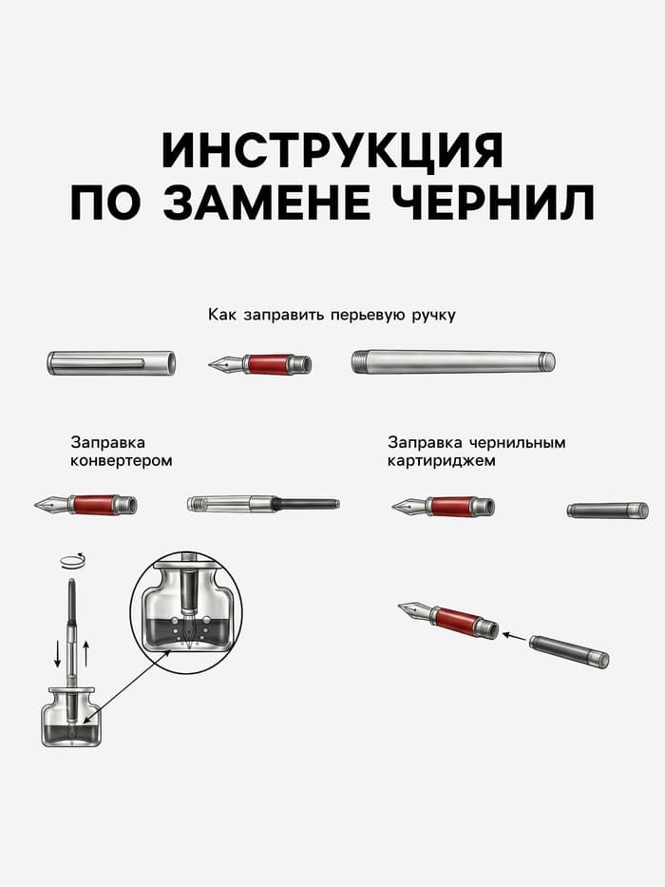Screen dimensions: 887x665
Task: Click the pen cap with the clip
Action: coord(111,362)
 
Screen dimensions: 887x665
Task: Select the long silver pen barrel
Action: coord(453,362)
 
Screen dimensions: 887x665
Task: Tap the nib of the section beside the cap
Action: coord(224,364)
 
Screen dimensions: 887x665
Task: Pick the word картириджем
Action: coord(441,461)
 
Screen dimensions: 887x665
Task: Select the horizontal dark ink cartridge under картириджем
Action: coord(608,511)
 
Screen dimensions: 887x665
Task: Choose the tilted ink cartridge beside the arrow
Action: coord(568,651)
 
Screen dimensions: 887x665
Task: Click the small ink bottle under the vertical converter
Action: coord(70,718)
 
